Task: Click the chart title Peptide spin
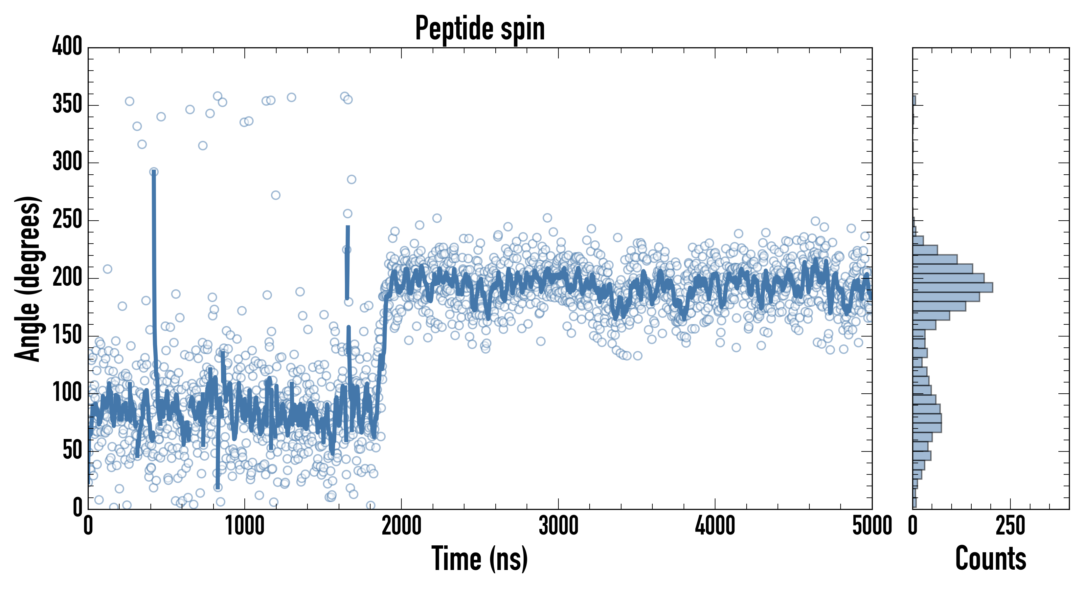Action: (480, 29)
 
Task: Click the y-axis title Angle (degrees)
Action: (28, 278)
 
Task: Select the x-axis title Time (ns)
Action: (479, 558)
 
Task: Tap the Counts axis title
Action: (991, 558)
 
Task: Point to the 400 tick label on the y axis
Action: (67, 46)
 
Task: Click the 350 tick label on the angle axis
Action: (67, 105)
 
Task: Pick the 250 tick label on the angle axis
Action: (67, 220)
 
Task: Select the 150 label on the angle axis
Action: (67, 336)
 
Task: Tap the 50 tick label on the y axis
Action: (72, 451)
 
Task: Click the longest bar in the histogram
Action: (952, 287)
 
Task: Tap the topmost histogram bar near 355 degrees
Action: (914, 100)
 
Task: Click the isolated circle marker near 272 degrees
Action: (276, 195)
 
